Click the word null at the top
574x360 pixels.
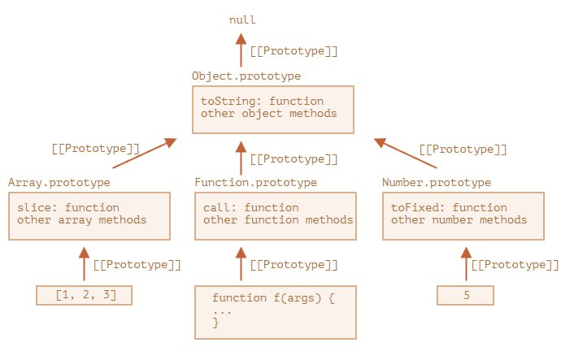point(242,20)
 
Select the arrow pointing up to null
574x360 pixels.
point(241,50)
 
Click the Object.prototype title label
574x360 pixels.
point(246,76)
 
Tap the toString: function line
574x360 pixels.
point(262,101)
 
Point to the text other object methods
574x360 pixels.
point(268,114)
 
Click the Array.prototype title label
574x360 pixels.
point(59,183)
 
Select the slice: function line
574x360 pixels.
point(68,207)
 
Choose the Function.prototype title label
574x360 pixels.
point(256,183)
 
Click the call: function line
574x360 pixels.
point(251,207)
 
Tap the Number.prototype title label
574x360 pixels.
point(437,183)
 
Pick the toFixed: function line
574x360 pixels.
point(449,207)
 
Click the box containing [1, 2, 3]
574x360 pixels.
point(85,295)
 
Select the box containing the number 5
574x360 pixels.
point(466,295)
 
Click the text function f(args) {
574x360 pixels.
point(273,297)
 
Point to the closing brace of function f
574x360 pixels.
point(216,323)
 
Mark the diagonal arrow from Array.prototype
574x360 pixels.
point(145,153)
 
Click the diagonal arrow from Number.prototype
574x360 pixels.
point(406,153)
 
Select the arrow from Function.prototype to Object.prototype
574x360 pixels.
point(241,158)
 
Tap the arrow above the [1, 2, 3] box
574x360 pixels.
point(85,264)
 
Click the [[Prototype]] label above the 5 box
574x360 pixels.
point(515,265)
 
